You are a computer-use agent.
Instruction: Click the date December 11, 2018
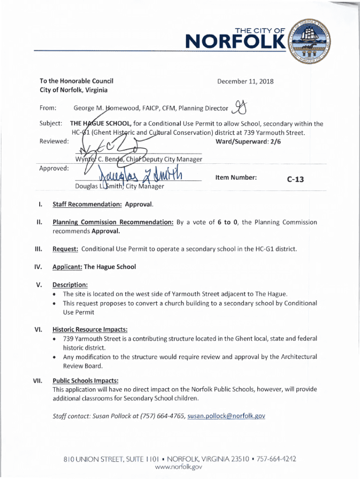click(245, 81)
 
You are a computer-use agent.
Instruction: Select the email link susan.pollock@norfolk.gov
click(226, 416)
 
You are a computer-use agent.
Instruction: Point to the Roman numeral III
click(38, 249)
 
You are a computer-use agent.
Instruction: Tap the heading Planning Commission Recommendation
click(113, 222)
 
